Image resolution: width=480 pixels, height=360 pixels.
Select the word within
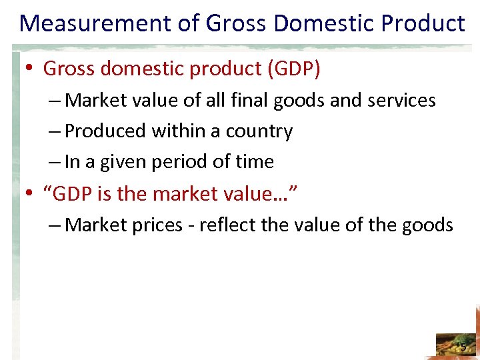pos(177,131)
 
